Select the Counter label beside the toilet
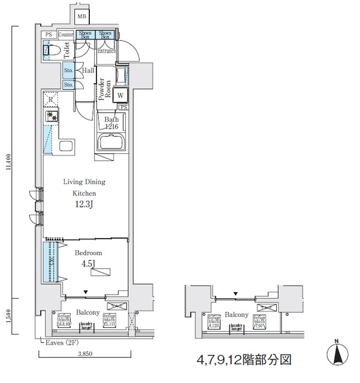pos(66,35)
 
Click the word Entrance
pos(107,51)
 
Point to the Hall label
pos(88,71)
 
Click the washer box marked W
pos(120,95)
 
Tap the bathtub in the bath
pos(110,144)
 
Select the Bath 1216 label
pos(112,123)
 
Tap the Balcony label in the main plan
pos(87,312)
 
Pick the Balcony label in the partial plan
pos(237,315)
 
